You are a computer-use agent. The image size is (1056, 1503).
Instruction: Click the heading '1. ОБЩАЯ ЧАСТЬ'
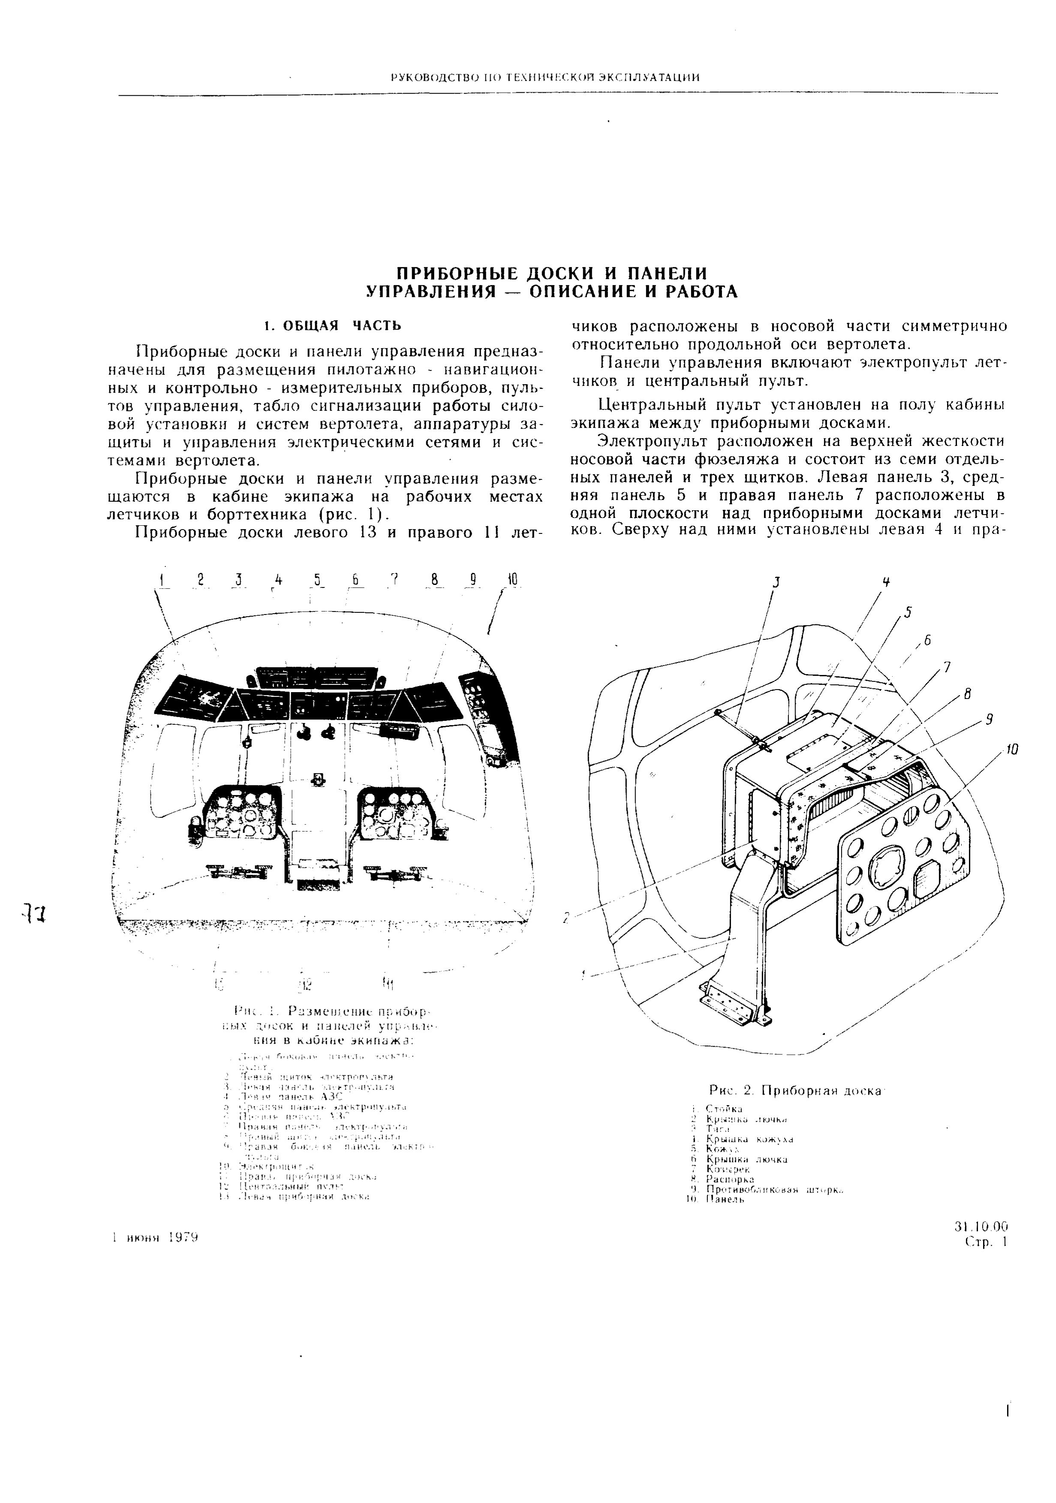[331, 325]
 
